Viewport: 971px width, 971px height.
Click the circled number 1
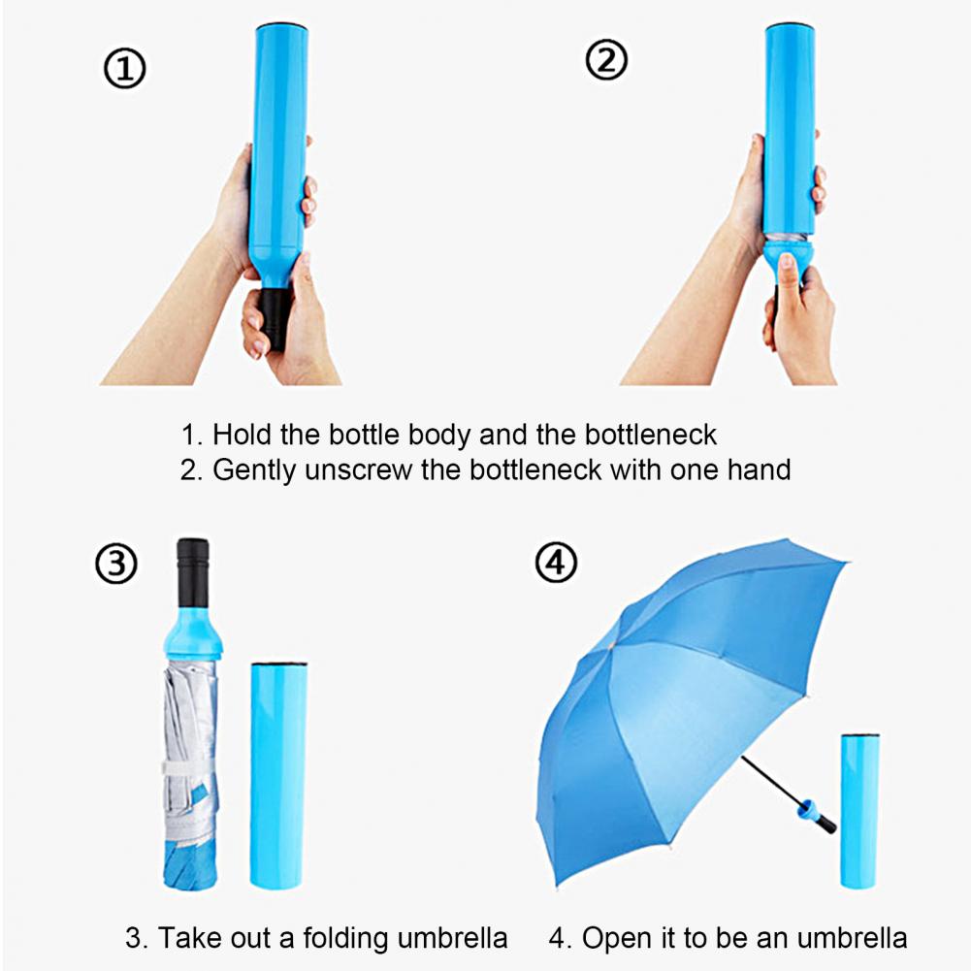click(124, 71)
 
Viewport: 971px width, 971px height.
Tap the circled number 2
click(606, 61)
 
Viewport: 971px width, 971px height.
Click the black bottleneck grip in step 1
click(275, 315)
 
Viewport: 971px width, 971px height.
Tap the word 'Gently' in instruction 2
click(255, 470)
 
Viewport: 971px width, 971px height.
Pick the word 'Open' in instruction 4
click(618, 938)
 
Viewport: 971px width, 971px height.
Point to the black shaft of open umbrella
click(771, 782)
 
